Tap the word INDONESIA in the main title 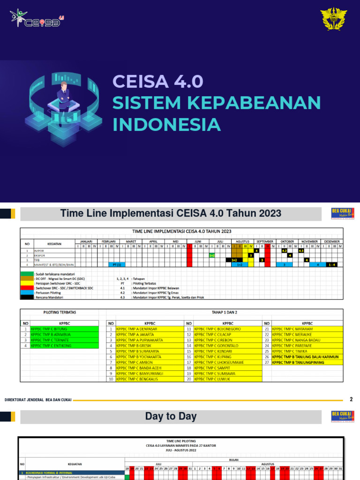[x=166, y=125]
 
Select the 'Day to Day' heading [x=171, y=416]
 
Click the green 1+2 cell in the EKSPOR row [x=212, y=255]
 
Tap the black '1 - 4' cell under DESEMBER [x=332, y=265]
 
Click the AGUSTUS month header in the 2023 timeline [x=242, y=241]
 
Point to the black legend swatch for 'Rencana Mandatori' [x=27, y=297]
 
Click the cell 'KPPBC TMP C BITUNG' [x=65, y=329]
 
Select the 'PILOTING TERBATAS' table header [x=60, y=312]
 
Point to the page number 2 [x=351, y=399]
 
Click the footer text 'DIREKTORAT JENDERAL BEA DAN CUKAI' [x=38, y=400]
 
